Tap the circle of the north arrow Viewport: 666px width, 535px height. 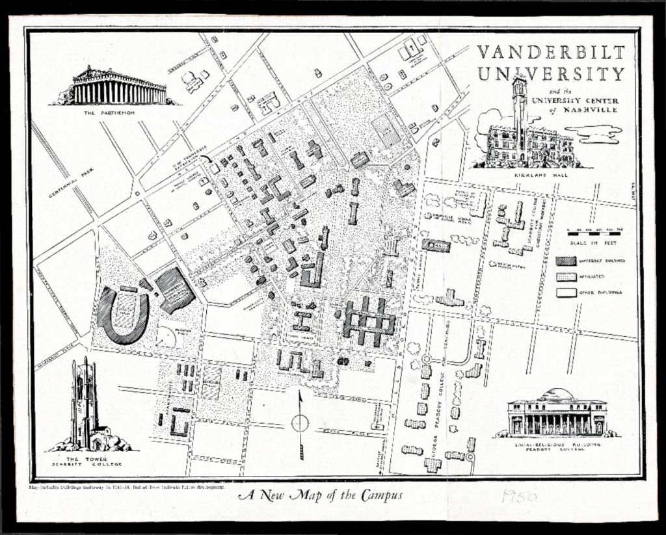click(300, 423)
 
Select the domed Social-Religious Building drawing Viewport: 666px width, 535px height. click(557, 413)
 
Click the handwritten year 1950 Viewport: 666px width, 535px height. click(518, 497)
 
